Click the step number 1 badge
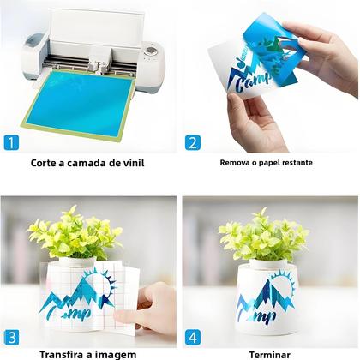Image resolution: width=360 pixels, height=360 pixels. (11, 142)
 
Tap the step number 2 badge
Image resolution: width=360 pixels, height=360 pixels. (193, 142)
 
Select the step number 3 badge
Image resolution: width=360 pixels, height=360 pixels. (12, 338)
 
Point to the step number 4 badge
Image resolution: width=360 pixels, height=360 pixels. (193, 338)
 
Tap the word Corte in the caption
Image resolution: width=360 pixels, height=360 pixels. (43, 163)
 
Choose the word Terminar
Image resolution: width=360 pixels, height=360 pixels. (270, 355)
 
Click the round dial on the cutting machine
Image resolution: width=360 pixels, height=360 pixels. (150, 51)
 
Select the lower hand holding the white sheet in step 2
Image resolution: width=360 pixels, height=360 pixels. (255, 123)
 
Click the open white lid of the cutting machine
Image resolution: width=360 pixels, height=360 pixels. (97, 27)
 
